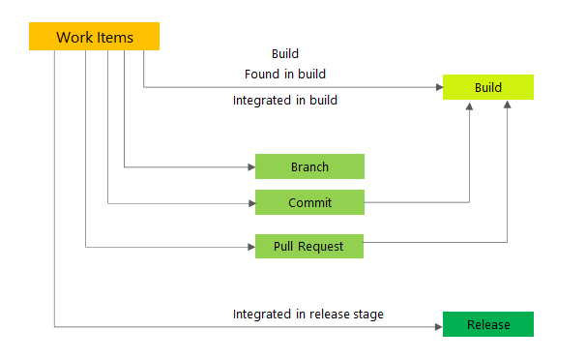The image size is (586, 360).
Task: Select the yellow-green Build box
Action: (x=487, y=88)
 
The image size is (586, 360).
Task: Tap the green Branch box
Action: (x=309, y=166)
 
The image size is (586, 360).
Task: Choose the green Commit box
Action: (x=309, y=202)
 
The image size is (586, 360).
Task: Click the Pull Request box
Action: (x=309, y=246)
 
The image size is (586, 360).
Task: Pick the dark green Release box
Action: (x=487, y=324)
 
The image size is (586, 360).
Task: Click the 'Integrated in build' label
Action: (x=285, y=100)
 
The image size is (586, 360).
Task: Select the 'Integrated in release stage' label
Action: (x=308, y=314)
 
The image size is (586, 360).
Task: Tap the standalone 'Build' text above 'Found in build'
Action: (x=285, y=53)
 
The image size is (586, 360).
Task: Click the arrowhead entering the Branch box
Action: (x=249, y=166)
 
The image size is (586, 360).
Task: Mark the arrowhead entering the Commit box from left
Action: (x=249, y=203)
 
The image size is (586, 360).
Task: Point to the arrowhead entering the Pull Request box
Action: (x=249, y=247)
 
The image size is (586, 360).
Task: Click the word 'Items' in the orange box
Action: (x=116, y=37)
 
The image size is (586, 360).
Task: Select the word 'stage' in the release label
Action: (x=366, y=314)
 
